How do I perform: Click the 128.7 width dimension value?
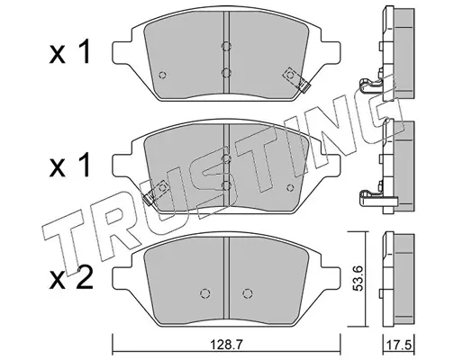pos(226,345)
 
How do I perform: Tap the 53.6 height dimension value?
pos(359,278)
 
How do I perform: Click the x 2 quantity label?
pos(70,278)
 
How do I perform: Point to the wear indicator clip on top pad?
pos(296,79)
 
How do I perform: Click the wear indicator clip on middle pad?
pos(155,193)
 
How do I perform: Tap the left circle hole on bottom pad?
pos(204,293)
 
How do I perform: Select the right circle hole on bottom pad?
pos(248,293)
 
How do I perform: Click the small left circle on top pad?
pos(162,75)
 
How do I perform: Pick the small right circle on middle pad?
pos(290,188)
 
